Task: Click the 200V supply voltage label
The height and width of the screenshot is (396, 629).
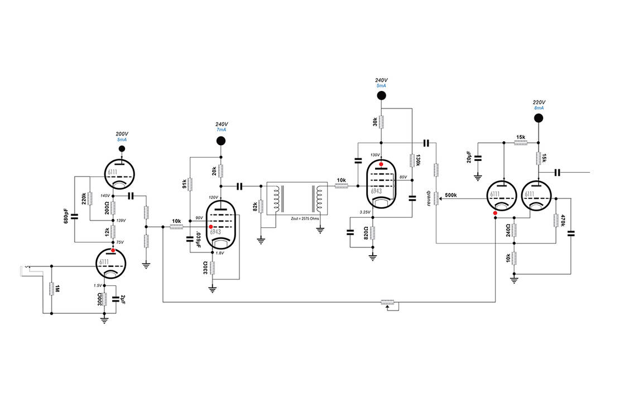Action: pos(122,135)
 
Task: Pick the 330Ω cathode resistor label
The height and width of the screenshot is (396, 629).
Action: pos(205,269)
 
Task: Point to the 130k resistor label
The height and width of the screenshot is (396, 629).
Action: pos(419,160)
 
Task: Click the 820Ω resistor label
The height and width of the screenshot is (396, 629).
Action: pos(365,232)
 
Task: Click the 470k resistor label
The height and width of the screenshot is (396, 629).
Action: pos(564,220)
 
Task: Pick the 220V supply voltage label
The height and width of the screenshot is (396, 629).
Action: pos(539,102)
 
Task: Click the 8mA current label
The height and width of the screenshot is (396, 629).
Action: pos(539,108)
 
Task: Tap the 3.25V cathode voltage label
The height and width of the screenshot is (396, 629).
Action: pos(365,213)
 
